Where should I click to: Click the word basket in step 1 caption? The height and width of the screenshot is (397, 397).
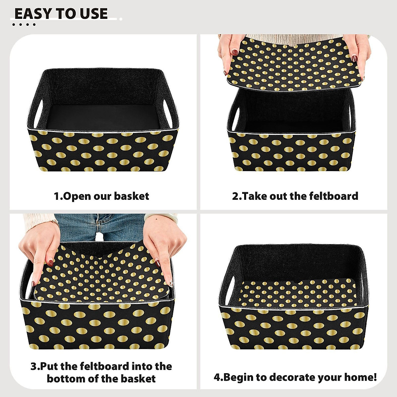pyautogui.click(x=132, y=196)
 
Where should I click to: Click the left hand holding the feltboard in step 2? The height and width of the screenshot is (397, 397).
pyautogui.click(x=231, y=53)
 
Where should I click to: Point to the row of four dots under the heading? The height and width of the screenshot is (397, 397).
pyautogui.click(x=23, y=24)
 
